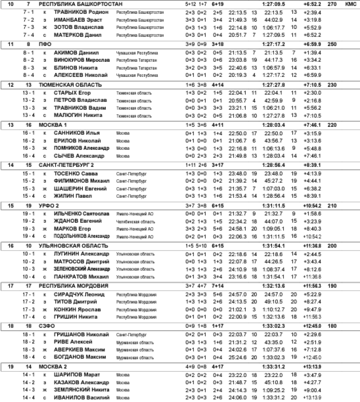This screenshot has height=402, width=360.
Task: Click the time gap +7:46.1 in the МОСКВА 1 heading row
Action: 301,124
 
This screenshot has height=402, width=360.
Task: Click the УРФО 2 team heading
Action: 51,205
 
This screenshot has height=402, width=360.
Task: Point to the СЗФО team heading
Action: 48,326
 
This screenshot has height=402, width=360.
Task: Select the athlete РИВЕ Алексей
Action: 72,342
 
